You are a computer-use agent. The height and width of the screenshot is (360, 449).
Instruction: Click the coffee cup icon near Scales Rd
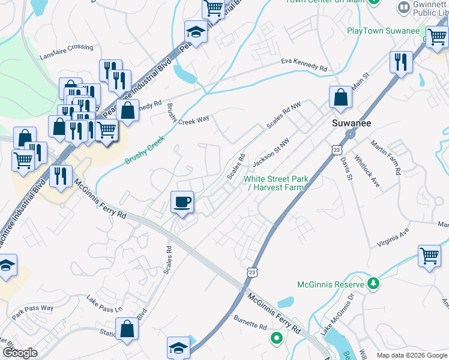pyautogui.click(x=182, y=202)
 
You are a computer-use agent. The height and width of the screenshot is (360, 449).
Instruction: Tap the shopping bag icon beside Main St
pyautogui.click(x=340, y=97)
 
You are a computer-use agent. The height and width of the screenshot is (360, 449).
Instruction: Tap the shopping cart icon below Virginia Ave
pyautogui.click(x=430, y=256)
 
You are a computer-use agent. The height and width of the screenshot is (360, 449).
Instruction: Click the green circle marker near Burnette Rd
pyautogui.click(x=277, y=338)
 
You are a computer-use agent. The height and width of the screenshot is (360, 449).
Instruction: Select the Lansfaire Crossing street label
pyautogui.click(x=67, y=47)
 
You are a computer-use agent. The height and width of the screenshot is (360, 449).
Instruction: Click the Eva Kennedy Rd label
pyautogui.click(x=304, y=65)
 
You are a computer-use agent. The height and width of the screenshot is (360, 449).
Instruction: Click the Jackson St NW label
pyautogui.click(x=271, y=152)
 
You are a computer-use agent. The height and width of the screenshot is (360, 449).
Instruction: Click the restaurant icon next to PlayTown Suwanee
pyautogui.click(x=400, y=61)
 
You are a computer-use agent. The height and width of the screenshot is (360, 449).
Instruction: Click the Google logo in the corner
pyautogui.click(x=20, y=353)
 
